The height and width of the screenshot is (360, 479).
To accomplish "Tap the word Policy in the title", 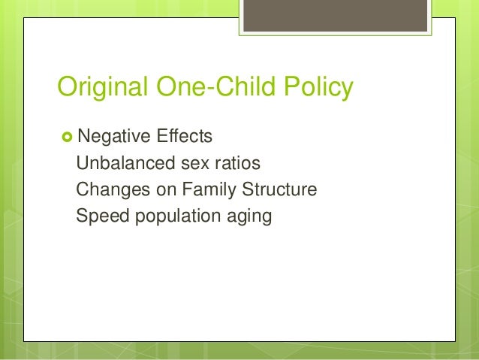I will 318,89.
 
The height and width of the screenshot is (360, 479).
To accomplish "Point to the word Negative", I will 110,137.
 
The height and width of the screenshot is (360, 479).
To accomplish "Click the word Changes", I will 110,190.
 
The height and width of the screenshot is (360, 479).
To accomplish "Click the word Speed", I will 99,216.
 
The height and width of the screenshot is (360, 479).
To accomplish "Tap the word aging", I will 248,216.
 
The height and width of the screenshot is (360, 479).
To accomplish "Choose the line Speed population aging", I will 173,216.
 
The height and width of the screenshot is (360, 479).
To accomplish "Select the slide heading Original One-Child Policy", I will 205,89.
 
